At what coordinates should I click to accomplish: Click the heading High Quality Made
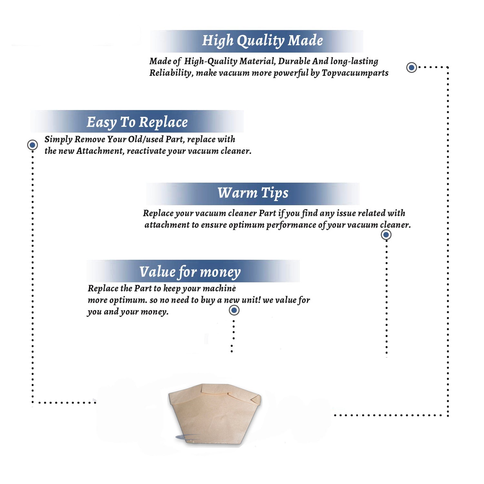tap(262, 41)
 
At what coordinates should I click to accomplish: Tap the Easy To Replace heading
tap(137, 123)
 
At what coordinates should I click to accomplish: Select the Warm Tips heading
tap(253, 193)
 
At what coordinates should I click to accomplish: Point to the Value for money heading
tap(190, 272)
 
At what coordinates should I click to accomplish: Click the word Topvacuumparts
tap(355, 73)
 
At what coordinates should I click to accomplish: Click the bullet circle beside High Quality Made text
tap(411, 67)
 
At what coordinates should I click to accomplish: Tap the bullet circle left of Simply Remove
tap(32, 145)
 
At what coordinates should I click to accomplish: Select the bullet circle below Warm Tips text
tap(386, 235)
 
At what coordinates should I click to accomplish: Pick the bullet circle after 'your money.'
tap(234, 310)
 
